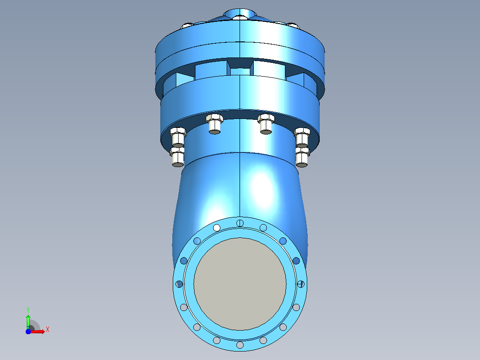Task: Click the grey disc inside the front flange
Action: click(x=240, y=284)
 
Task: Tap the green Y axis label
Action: click(x=28, y=310)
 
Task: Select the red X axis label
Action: click(x=48, y=330)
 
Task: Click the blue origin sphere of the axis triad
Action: click(x=28, y=331)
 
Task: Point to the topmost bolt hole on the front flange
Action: click(x=240, y=223)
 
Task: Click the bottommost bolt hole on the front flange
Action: click(x=240, y=345)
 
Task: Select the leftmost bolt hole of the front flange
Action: click(x=179, y=284)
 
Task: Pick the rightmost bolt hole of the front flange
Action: click(x=301, y=284)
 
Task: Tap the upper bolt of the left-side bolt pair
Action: click(x=178, y=137)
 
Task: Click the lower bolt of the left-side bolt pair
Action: click(x=178, y=157)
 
